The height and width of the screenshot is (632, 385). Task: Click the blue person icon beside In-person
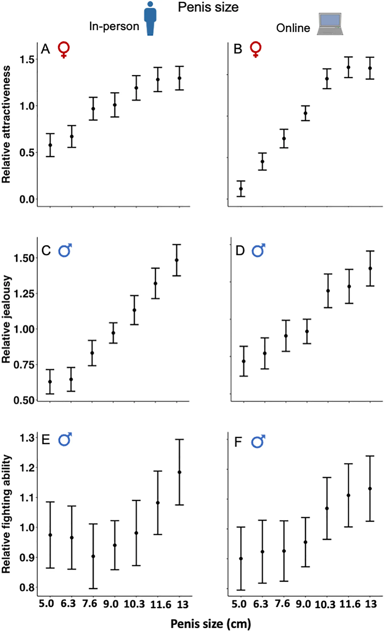(x=150, y=19)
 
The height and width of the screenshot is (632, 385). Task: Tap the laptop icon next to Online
(x=330, y=24)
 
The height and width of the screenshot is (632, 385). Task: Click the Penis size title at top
(x=208, y=7)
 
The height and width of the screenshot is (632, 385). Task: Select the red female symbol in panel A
(x=64, y=49)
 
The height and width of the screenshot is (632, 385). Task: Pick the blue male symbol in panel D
(x=258, y=250)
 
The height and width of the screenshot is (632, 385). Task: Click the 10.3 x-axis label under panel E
(x=134, y=604)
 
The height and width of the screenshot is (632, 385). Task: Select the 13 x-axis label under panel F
(x=371, y=604)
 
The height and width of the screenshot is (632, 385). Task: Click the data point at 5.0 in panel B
(x=241, y=189)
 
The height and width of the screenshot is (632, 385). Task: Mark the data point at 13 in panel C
(x=176, y=260)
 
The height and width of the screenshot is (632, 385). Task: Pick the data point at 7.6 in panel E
(x=93, y=556)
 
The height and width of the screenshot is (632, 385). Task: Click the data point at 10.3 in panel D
(x=328, y=291)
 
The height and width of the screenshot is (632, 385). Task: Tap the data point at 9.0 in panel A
(x=115, y=105)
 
